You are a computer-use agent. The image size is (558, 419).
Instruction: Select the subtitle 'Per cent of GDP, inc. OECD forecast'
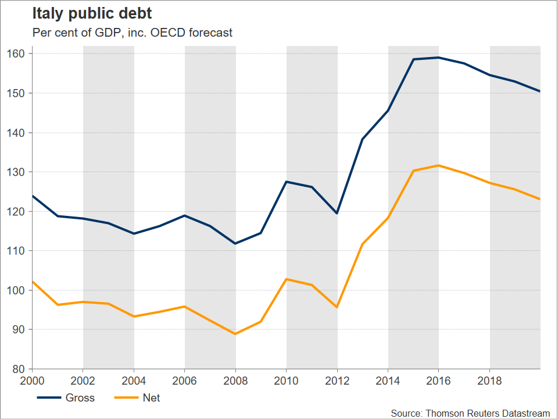132,33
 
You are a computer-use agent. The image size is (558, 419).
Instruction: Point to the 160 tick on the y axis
20,54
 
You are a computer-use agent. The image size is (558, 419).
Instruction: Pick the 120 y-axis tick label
20,211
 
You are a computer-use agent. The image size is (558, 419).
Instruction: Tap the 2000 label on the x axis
33,381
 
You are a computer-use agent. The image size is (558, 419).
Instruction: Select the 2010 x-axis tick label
287,381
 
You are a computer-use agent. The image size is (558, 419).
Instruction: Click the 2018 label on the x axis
490,381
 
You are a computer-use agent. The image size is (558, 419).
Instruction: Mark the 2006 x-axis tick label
185,381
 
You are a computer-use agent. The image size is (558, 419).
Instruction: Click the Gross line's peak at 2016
439,58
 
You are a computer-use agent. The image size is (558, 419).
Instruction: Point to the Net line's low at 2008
235,334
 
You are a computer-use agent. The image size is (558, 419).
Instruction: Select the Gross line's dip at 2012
337,213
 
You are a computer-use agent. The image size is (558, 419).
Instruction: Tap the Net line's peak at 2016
439,165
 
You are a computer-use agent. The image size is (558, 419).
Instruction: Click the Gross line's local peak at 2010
287,182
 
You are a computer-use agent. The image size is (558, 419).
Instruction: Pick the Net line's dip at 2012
337,307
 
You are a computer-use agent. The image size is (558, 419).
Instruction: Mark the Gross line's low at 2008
235,243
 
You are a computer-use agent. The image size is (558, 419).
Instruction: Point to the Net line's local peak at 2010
287,279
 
